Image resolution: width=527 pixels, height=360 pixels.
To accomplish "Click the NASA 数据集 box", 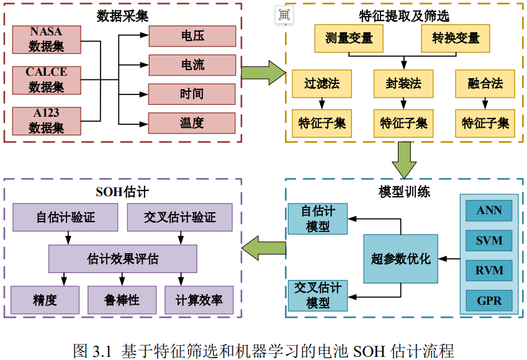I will tap(47, 39).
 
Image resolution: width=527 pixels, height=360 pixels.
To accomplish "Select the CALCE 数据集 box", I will tap(47, 80).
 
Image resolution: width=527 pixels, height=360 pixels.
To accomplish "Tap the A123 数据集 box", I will tap(47, 120).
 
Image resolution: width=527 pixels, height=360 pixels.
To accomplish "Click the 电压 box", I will tap(192, 37).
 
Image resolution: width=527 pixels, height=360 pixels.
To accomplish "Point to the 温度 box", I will tap(192, 123).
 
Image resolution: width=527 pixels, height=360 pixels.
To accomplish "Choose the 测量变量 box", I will tap(349, 38).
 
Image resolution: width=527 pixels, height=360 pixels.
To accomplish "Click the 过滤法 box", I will tap(322, 84).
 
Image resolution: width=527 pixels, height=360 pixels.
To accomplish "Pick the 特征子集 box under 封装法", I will tap(403, 123).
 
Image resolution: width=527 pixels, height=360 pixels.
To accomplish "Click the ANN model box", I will tap(489, 211).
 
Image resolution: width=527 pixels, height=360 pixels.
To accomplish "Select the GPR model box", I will tap(489, 300).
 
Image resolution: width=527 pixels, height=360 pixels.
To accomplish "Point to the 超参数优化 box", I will tap(400, 259).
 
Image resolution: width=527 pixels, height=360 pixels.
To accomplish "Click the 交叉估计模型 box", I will tap(318, 295).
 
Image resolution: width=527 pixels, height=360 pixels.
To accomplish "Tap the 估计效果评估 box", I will tap(123, 259).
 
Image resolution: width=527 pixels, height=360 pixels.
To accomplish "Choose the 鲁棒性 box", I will tap(122, 300).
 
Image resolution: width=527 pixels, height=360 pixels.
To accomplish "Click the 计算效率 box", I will tap(199, 300).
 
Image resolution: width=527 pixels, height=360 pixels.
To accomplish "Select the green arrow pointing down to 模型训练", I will tap(405, 160).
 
